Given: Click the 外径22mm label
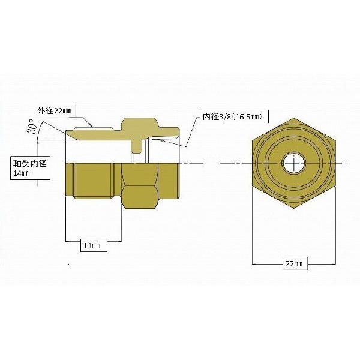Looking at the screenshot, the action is [x=54, y=111].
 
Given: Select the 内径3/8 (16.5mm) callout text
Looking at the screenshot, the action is [x=232, y=116].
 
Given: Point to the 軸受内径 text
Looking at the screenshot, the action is [x=30, y=163].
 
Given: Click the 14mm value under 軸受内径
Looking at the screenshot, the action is [x=22, y=173].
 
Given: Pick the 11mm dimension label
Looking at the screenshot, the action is [x=92, y=246].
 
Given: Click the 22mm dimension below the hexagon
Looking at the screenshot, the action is [x=293, y=264].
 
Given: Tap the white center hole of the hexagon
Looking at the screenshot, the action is [x=294, y=163].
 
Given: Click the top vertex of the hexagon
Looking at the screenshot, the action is [x=294, y=118].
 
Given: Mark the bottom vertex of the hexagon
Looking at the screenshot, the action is [x=294, y=208].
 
